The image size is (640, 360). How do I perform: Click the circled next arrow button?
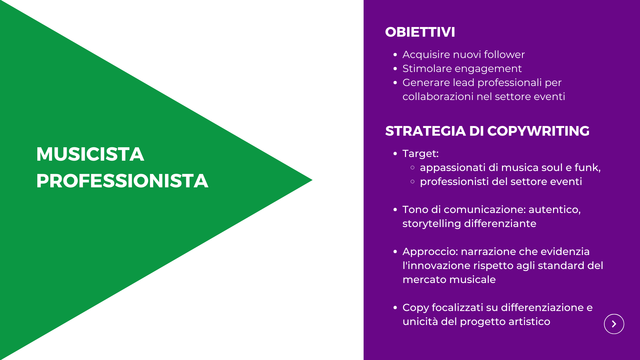tap(614, 324)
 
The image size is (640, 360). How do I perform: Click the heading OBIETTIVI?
tap(420, 32)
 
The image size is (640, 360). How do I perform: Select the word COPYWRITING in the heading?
tap(538, 131)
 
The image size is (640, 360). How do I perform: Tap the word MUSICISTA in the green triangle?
tap(90, 154)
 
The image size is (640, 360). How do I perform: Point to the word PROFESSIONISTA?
tap(122, 181)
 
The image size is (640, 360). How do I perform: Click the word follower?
tap(504, 54)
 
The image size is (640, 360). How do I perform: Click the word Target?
tap(421, 154)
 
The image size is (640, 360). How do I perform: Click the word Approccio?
tap(430, 252)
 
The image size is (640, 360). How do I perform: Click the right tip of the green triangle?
tap(312, 180)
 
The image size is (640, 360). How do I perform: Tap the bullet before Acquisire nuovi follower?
tap(395, 55)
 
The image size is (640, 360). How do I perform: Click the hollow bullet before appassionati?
tap(413, 168)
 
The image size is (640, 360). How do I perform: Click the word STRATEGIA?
tap(425, 131)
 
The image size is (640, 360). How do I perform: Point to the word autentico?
tap(555, 210)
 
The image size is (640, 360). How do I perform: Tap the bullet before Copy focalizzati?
tap(395, 308)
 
